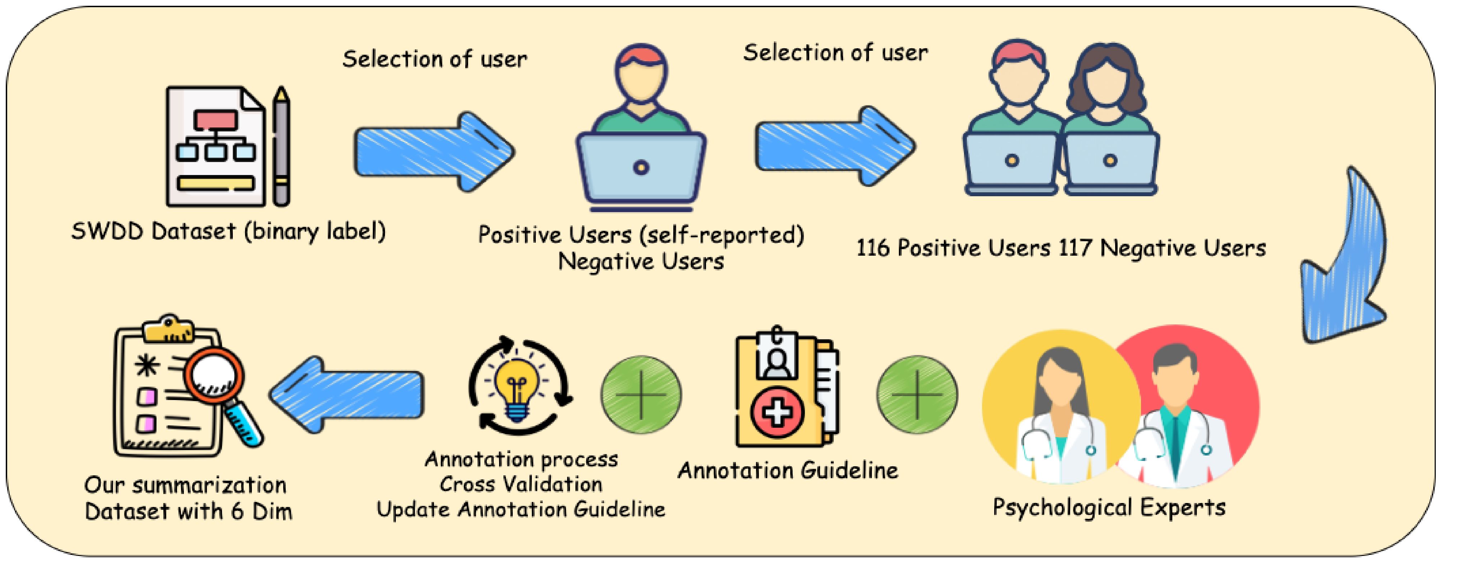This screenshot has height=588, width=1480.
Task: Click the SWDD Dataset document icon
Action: pos(216,147)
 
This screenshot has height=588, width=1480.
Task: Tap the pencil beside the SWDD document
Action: pos(281,147)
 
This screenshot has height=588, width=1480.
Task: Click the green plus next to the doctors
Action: pos(917,395)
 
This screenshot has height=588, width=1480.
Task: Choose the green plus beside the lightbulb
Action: pos(641,395)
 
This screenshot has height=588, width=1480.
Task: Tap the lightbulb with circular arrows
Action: pos(520,386)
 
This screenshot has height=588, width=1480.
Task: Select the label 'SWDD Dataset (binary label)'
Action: pos(228,231)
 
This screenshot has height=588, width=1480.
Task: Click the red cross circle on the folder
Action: pos(777,412)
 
